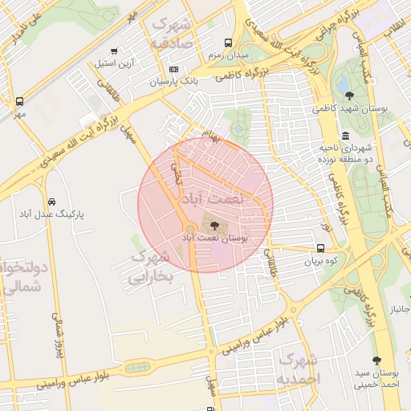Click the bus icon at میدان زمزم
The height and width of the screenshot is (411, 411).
coord(229,43)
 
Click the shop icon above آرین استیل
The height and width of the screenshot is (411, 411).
coord(123,51)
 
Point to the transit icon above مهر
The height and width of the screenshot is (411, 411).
coord(19,101)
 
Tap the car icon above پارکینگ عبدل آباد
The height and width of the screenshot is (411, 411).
coord(51,201)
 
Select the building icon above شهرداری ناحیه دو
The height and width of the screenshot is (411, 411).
coord(345,135)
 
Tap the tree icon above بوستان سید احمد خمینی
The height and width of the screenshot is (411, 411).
coord(376,361)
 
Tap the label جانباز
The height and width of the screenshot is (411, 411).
coord(399,309)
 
